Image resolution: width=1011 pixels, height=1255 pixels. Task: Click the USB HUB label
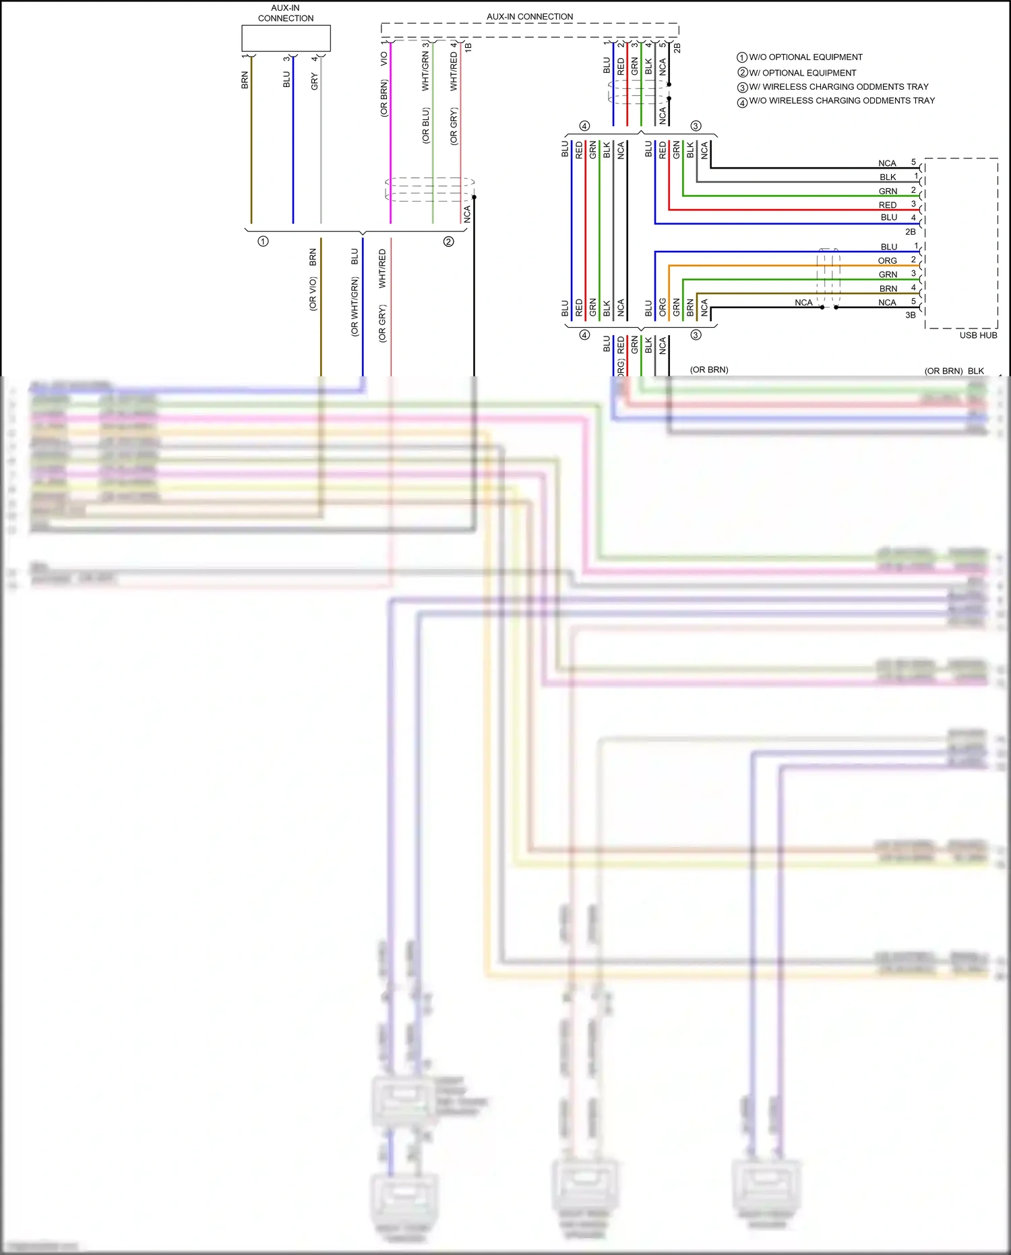point(977,335)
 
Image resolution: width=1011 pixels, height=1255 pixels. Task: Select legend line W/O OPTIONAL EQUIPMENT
point(805,57)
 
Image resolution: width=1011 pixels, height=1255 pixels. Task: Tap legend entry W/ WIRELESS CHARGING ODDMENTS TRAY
point(838,87)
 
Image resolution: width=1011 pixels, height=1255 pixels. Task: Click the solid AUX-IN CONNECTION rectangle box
point(286,38)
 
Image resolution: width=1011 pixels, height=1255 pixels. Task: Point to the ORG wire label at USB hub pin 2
point(887,261)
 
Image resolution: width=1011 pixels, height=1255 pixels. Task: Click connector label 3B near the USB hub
point(910,315)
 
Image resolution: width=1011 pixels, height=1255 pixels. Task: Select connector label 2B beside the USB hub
point(910,232)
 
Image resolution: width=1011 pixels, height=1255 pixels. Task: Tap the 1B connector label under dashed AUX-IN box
point(468,48)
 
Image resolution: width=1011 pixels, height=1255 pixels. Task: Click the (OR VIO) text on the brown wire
point(313,294)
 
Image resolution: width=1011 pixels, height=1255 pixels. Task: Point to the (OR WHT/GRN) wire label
point(355,307)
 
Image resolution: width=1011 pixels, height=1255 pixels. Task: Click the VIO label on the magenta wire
point(384,59)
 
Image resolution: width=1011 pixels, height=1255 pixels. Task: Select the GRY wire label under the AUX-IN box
point(314,82)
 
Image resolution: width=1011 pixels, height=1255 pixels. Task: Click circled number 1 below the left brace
point(263,241)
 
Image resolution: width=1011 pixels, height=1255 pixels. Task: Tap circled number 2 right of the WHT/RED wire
point(448,241)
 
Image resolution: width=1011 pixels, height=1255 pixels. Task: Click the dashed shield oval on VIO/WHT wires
point(429,189)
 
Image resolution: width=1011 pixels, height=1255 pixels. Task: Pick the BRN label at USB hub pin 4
point(888,289)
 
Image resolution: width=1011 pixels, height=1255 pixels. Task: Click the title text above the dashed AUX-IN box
point(530,17)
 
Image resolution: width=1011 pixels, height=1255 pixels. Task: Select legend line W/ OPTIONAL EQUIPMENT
point(802,73)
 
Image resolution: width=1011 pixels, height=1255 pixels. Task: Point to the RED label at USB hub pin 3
point(887,205)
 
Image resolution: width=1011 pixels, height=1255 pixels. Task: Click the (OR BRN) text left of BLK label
point(943,371)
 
